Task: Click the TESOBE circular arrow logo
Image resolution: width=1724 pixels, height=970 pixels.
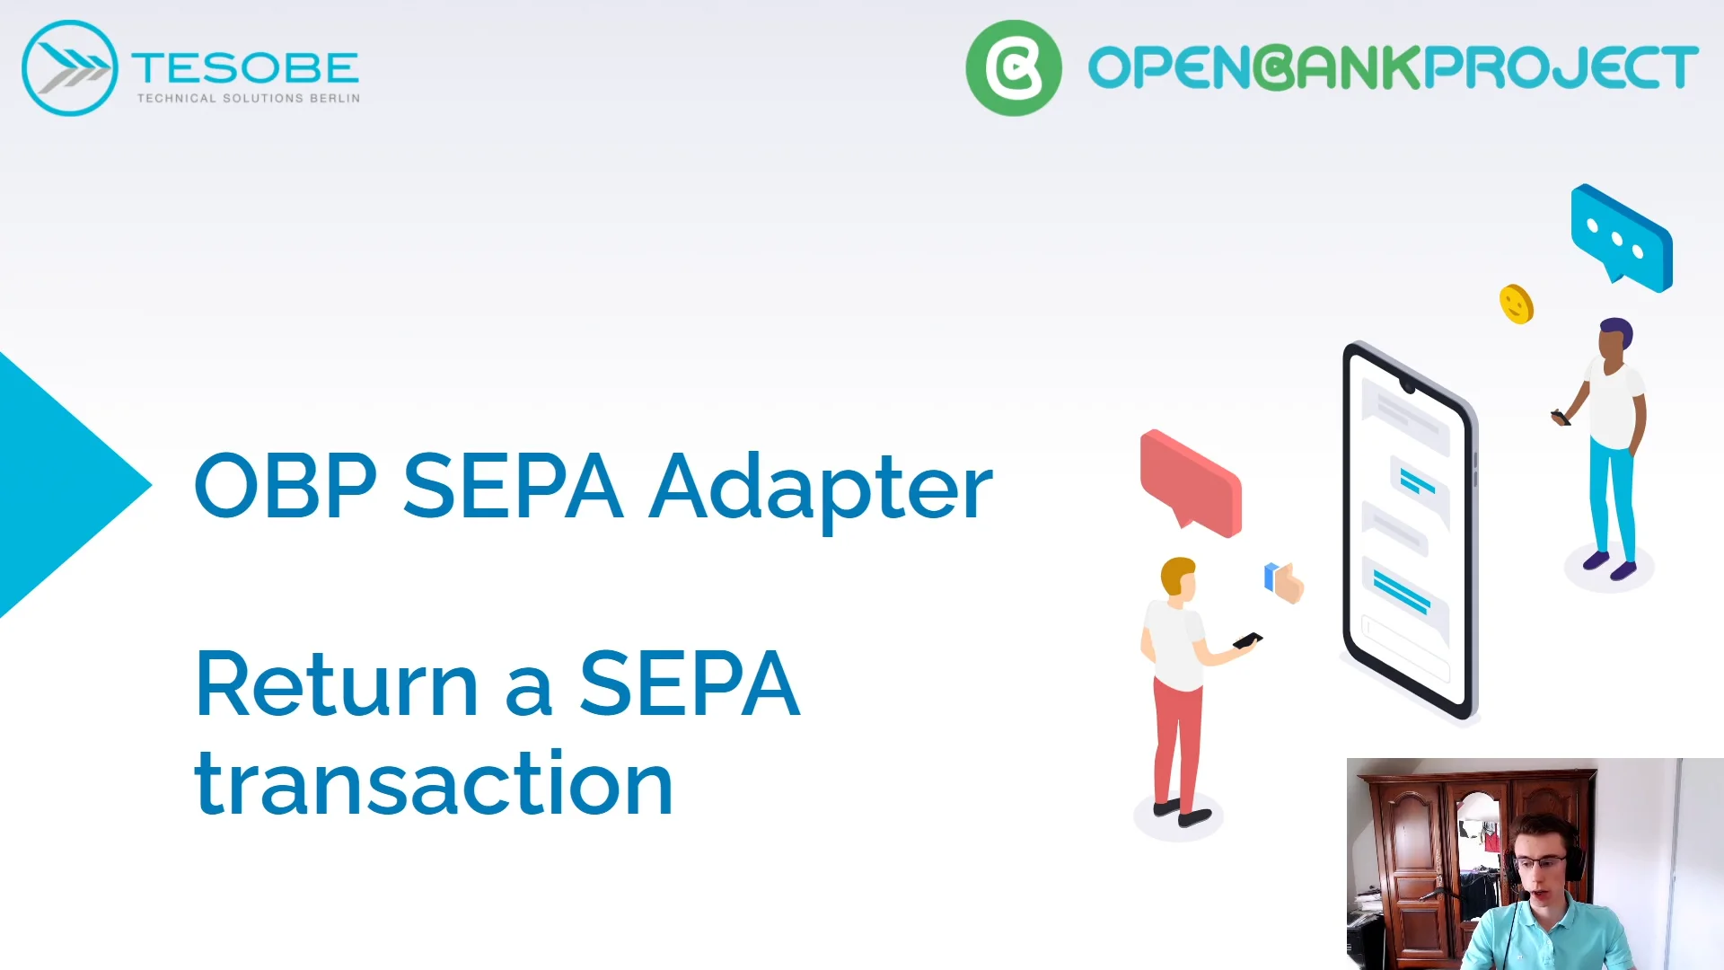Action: click(x=69, y=68)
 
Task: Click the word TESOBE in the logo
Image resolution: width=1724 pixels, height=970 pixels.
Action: click(x=245, y=68)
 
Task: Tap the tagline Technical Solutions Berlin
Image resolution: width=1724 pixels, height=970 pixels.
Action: click(x=248, y=98)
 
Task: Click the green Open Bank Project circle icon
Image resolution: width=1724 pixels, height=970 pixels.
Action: click(x=1013, y=68)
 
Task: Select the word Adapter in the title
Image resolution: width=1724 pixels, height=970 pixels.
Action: click(x=820, y=488)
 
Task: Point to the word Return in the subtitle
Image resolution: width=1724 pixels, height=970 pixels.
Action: click(x=336, y=685)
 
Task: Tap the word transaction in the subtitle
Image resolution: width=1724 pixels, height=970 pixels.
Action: click(x=434, y=784)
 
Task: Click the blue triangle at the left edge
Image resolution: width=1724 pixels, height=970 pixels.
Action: click(x=63, y=485)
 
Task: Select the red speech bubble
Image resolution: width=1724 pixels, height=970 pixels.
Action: click(x=1191, y=482)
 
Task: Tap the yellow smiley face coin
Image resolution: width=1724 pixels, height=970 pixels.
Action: click(x=1517, y=304)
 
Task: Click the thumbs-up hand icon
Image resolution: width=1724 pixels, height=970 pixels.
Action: click(x=1285, y=582)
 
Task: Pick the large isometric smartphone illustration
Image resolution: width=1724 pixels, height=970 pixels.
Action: click(x=1408, y=530)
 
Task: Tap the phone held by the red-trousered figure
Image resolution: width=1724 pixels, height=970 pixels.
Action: click(x=1247, y=640)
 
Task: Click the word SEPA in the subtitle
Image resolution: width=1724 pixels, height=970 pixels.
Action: click(x=689, y=685)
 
